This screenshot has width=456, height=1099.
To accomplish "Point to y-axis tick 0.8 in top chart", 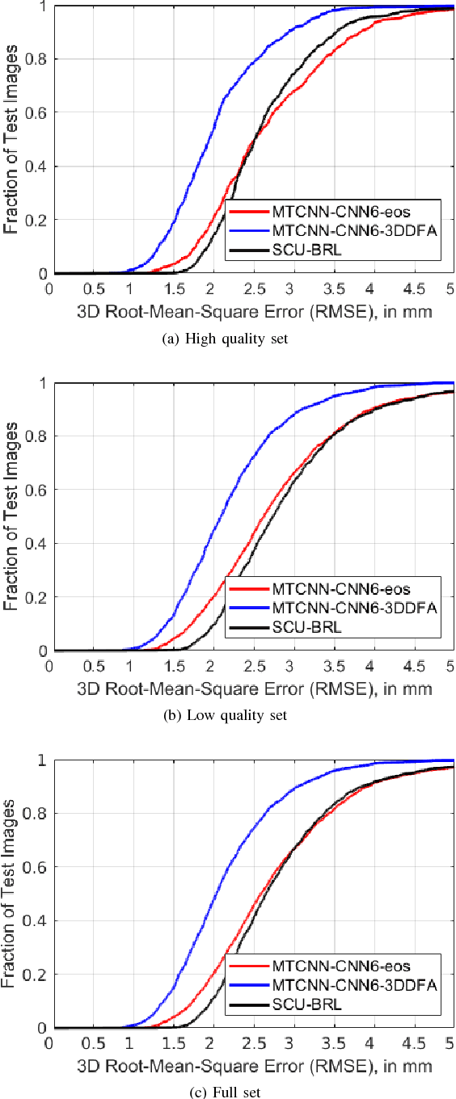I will pos(38,60).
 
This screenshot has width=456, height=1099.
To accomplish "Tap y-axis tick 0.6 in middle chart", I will pos(38,490).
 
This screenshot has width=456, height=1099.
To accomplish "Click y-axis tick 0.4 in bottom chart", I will pos(38,921).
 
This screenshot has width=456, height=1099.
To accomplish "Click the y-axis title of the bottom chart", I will pos(11,895).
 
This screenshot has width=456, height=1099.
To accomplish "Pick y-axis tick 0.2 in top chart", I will pos(38,221).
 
